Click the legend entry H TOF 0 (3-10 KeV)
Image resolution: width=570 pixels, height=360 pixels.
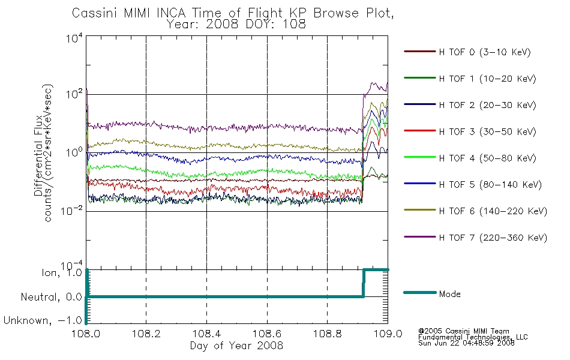[485, 52]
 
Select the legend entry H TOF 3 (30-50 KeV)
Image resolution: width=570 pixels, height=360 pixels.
[487, 131]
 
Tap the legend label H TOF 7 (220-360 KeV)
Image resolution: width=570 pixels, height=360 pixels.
[493, 238]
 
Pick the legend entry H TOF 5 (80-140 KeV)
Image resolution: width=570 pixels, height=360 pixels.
[490, 185]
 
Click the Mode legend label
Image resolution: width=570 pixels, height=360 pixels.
[449, 294]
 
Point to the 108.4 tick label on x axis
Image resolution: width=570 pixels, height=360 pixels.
[206, 334]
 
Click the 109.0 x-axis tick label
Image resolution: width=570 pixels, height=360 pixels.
[388, 334]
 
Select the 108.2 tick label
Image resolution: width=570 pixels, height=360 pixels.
[146, 334]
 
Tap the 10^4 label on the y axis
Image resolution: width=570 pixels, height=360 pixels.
[74, 38]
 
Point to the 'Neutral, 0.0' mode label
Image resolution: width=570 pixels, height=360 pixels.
[51, 297]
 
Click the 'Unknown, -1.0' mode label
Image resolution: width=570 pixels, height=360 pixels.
[43, 320]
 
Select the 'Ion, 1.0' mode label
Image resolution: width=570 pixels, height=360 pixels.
[62, 273]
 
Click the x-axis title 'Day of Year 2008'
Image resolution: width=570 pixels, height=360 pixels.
[236, 346]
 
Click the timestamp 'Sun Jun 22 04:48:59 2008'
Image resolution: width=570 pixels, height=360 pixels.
[466, 343]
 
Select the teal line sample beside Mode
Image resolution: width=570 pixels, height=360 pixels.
[420, 292]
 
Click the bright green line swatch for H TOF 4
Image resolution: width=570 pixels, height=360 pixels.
[420, 157]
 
